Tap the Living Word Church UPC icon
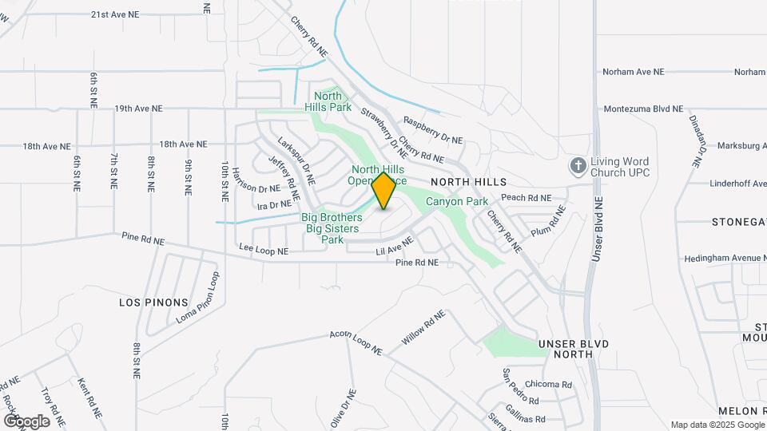point(578,166)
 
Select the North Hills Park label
point(328,101)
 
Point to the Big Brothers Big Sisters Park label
point(332,228)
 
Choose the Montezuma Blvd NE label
point(643,109)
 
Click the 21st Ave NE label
point(127,14)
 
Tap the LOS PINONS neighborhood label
point(153,302)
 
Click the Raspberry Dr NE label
point(433,130)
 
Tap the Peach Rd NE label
point(526,197)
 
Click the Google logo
point(26,421)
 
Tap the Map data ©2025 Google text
point(717,425)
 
